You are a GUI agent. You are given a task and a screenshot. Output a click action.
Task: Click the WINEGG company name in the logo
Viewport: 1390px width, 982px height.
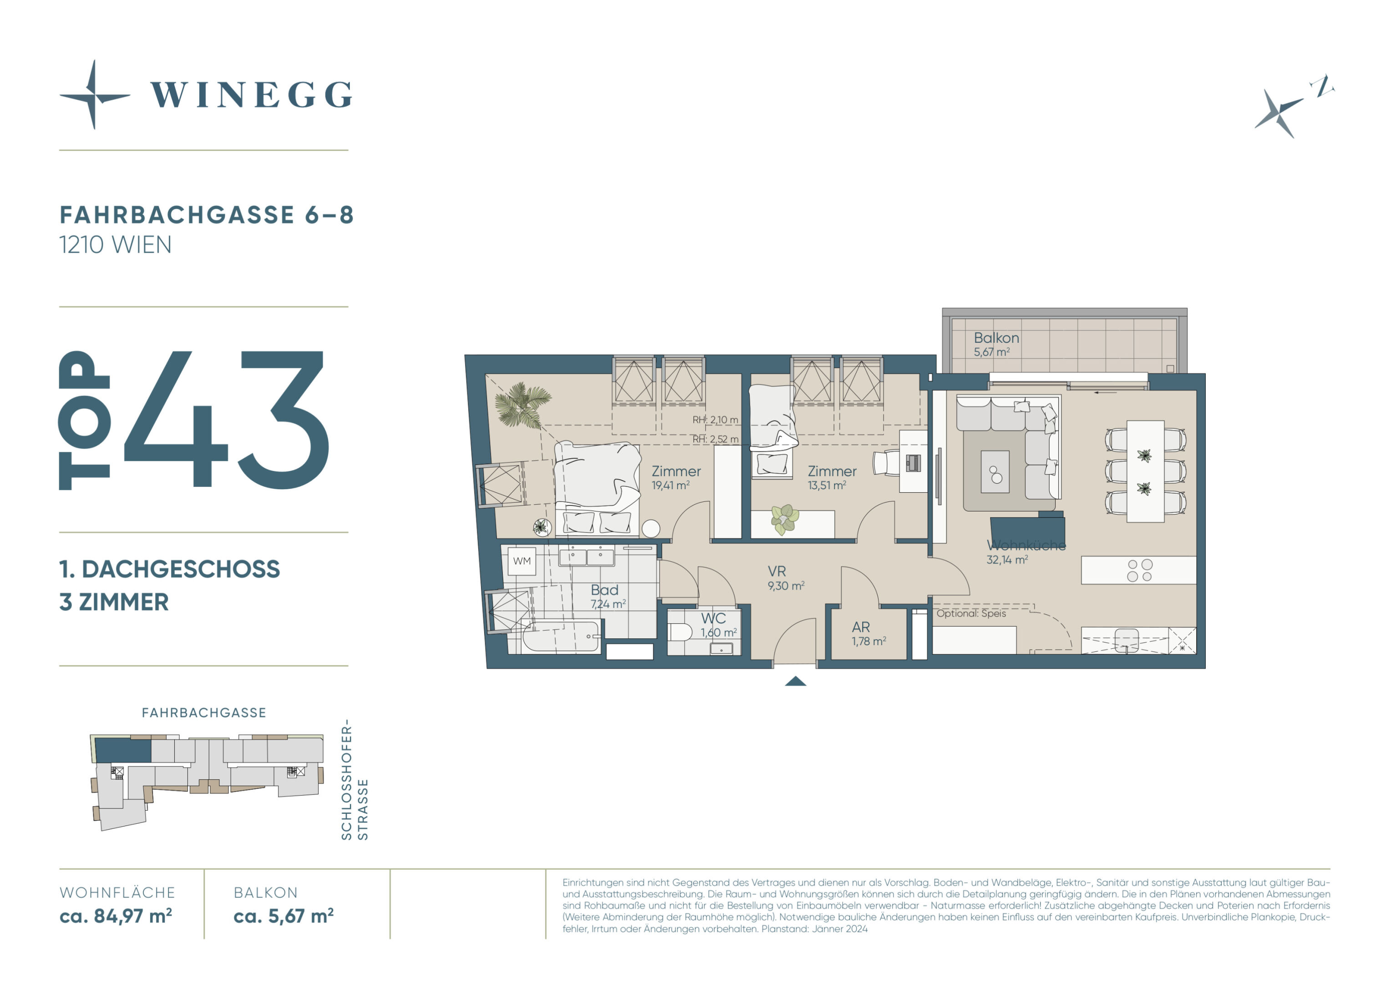pyautogui.click(x=251, y=95)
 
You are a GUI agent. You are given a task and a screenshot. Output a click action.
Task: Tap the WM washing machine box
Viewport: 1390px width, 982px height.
pyautogui.click(x=522, y=561)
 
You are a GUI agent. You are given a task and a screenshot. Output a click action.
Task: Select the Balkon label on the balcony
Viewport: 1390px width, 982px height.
pyautogui.click(x=996, y=338)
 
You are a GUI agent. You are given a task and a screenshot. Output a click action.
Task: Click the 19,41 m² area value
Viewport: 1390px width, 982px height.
pyautogui.click(x=670, y=485)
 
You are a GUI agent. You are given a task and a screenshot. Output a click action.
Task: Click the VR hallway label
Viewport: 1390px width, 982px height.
pyautogui.click(x=777, y=571)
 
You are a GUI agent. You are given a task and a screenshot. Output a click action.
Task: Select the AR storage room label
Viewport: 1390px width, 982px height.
pyautogui.click(x=861, y=627)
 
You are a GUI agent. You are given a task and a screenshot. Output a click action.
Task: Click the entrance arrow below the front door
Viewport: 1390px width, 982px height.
pyautogui.click(x=795, y=681)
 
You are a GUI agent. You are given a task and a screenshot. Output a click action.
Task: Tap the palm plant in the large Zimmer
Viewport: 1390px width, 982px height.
pyautogui.click(x=522, y=404)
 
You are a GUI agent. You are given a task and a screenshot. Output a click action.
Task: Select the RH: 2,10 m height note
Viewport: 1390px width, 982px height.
pyautogui.click(x=716, y=420)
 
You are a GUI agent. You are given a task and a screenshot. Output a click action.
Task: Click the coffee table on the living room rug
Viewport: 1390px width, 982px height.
pyautogui.click(x=995, y=471)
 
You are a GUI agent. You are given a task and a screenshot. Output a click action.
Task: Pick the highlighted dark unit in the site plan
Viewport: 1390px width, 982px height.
pyautogui.click(x=123, y=750)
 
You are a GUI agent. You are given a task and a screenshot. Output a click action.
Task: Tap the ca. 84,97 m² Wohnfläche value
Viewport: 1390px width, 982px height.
pyautogui.click(x=116, y=916)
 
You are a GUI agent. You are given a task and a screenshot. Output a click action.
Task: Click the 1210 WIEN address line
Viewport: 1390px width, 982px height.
pyautogui.click(x=116, y=245)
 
